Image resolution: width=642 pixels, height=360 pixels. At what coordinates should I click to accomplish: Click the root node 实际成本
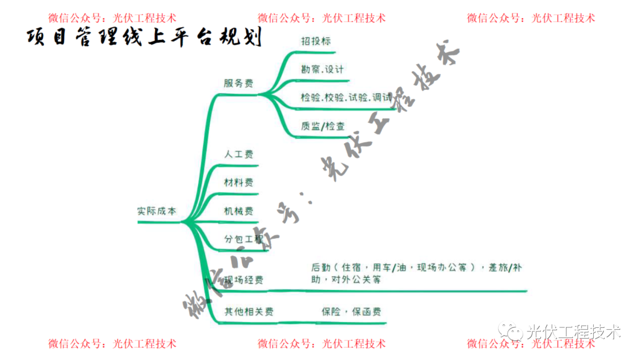[x=156, y=211]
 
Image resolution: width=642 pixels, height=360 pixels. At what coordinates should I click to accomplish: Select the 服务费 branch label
[x=238, y=84]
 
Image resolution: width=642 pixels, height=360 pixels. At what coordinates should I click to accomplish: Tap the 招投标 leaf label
[x=316, y=41]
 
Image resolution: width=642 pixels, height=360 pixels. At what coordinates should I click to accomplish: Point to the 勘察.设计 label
[x=322, y=69]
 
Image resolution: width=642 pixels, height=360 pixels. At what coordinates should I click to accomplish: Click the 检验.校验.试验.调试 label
[x=346, y=97]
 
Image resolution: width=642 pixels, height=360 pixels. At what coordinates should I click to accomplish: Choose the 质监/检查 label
[x=323, y=126]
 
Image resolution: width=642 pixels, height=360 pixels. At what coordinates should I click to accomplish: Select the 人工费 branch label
[x=238, y=154]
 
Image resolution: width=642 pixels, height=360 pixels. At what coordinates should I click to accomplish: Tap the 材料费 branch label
[x=238, y=182]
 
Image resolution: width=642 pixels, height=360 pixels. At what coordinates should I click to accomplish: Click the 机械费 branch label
[x=238, y=211]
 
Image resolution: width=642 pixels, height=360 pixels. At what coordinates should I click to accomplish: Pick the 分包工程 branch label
[x=243, y=239]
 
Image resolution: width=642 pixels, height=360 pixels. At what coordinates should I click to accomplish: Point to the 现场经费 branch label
[x=243, y=280]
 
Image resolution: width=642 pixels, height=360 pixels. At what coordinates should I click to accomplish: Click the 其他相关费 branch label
[x=248, y=311]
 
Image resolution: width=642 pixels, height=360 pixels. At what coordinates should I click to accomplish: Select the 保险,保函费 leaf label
[x=351, y=311]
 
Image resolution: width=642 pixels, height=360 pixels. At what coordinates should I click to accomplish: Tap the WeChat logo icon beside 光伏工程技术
[x=512, y=330]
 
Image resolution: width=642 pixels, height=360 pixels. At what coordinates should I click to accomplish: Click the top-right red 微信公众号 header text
[x=531, y=18]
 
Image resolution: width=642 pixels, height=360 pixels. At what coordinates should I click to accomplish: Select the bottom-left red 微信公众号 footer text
[x=112, y=343]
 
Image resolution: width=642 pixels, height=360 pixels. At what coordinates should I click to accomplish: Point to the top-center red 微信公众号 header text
[x=322, y=18]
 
